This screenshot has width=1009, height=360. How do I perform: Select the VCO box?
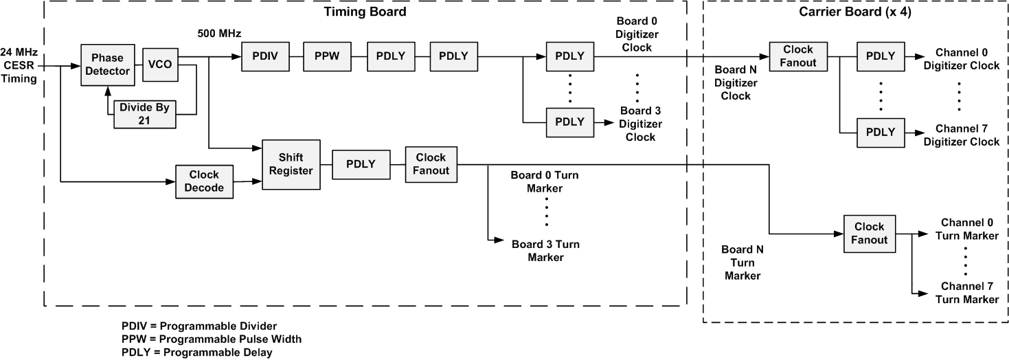159,65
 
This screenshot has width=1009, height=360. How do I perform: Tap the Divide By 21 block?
145,114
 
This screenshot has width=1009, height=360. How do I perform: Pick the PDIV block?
265,56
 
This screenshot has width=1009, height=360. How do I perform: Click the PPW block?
328,56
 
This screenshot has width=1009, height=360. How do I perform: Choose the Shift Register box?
292,164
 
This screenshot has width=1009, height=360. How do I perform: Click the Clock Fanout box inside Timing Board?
431,164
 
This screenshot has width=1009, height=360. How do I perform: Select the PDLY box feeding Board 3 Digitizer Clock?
569,122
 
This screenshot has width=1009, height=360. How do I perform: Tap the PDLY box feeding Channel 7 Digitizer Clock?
881,131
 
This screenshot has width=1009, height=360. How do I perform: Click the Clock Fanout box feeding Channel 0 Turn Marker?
869,233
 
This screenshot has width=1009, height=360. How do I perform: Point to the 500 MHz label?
219,33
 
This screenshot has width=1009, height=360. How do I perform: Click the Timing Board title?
365,12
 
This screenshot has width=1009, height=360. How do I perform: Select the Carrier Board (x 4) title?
855,13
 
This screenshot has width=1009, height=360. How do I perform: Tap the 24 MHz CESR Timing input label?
20,65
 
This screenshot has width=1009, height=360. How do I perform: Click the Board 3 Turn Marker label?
546,250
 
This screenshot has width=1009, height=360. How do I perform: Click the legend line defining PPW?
211,339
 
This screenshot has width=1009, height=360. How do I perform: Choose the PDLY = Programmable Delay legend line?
196,352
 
